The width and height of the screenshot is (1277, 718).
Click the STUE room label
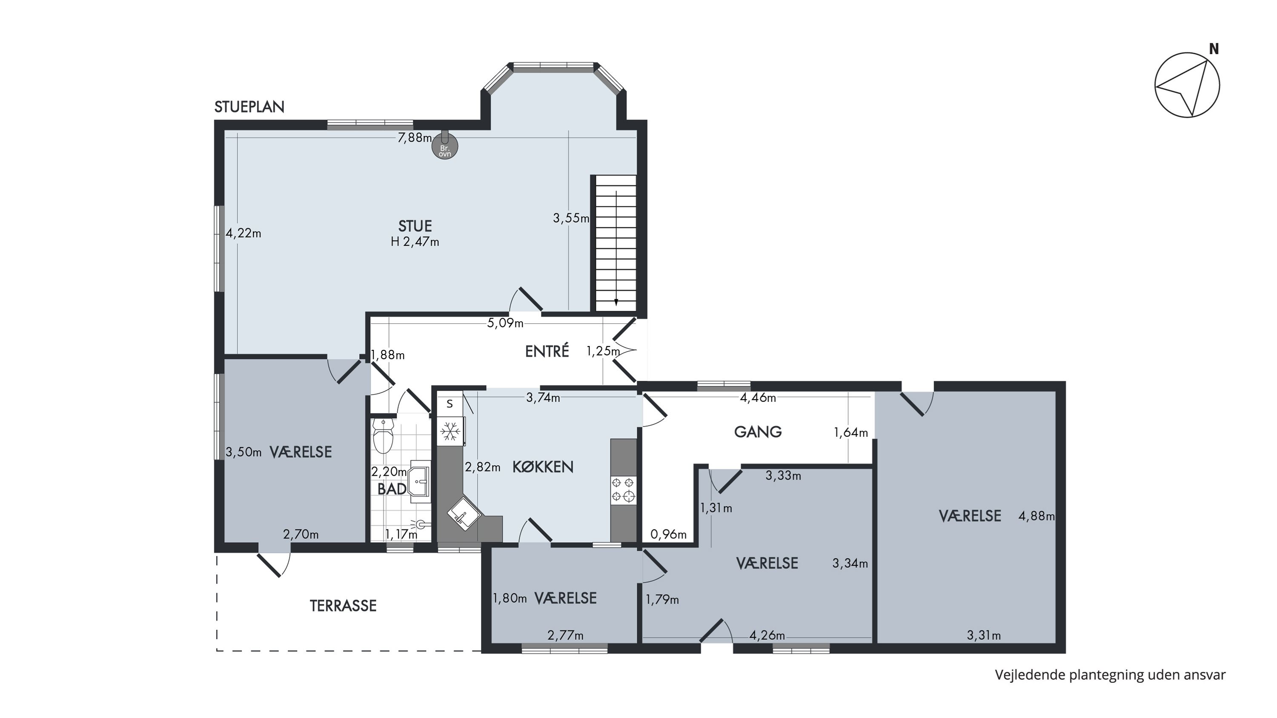415,226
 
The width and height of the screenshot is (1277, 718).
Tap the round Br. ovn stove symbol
445,147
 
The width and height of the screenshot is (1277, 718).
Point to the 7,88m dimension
415,138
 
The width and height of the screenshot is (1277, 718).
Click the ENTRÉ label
547,351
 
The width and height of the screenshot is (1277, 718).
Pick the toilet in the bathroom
383,435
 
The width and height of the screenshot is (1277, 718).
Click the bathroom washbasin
419,481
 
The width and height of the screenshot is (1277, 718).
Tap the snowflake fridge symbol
450,431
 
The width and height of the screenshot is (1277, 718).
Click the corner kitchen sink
464,516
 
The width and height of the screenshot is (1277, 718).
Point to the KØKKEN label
542,467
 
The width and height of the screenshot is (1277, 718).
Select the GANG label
758,432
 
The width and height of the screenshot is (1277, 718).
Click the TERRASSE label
343,606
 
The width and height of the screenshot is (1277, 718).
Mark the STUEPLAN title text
249,106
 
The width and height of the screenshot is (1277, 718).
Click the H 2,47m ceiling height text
415,242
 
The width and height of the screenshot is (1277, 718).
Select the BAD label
392,489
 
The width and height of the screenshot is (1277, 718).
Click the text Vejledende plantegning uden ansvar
1110,675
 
